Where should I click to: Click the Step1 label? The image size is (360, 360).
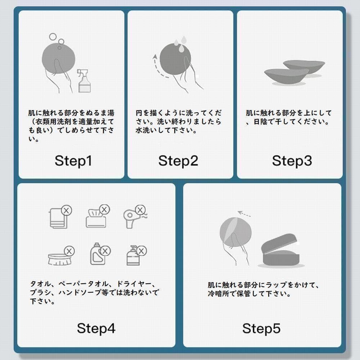pos(73,161)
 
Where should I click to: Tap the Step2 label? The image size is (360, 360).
pos(178,161)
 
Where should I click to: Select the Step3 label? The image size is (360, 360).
pos(292,161)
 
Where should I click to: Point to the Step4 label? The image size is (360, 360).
pos(96,328)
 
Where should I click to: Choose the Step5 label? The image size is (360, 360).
pos(261,328)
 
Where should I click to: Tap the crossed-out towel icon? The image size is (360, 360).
pos(60,216)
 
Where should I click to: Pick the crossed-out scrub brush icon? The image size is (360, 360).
pos(61,256)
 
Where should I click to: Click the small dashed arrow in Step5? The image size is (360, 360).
pos(244,214)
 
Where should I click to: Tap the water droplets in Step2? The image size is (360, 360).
pos(180,44)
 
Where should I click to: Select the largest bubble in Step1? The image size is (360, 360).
pos(53,36)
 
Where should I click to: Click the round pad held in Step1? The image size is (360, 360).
pos(59,59)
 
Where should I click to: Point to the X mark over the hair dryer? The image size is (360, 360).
pos(140,210)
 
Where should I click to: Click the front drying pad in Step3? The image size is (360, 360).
pos(287,76)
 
